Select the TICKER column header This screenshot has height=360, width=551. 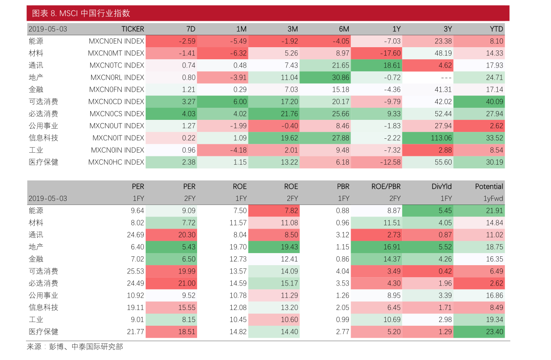click(132, 29)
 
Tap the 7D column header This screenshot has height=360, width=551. click(190, 29)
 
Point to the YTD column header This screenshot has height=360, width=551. click(496, 29)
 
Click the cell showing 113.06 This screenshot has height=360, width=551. click(440, 138)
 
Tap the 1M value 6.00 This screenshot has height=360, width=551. click(239, 102)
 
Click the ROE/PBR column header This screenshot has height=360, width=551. click(386, 186)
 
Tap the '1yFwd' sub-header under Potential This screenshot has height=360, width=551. click(493, 199)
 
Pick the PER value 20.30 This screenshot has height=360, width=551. click(186, 235)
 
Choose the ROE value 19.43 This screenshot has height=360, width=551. click(289, 247)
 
